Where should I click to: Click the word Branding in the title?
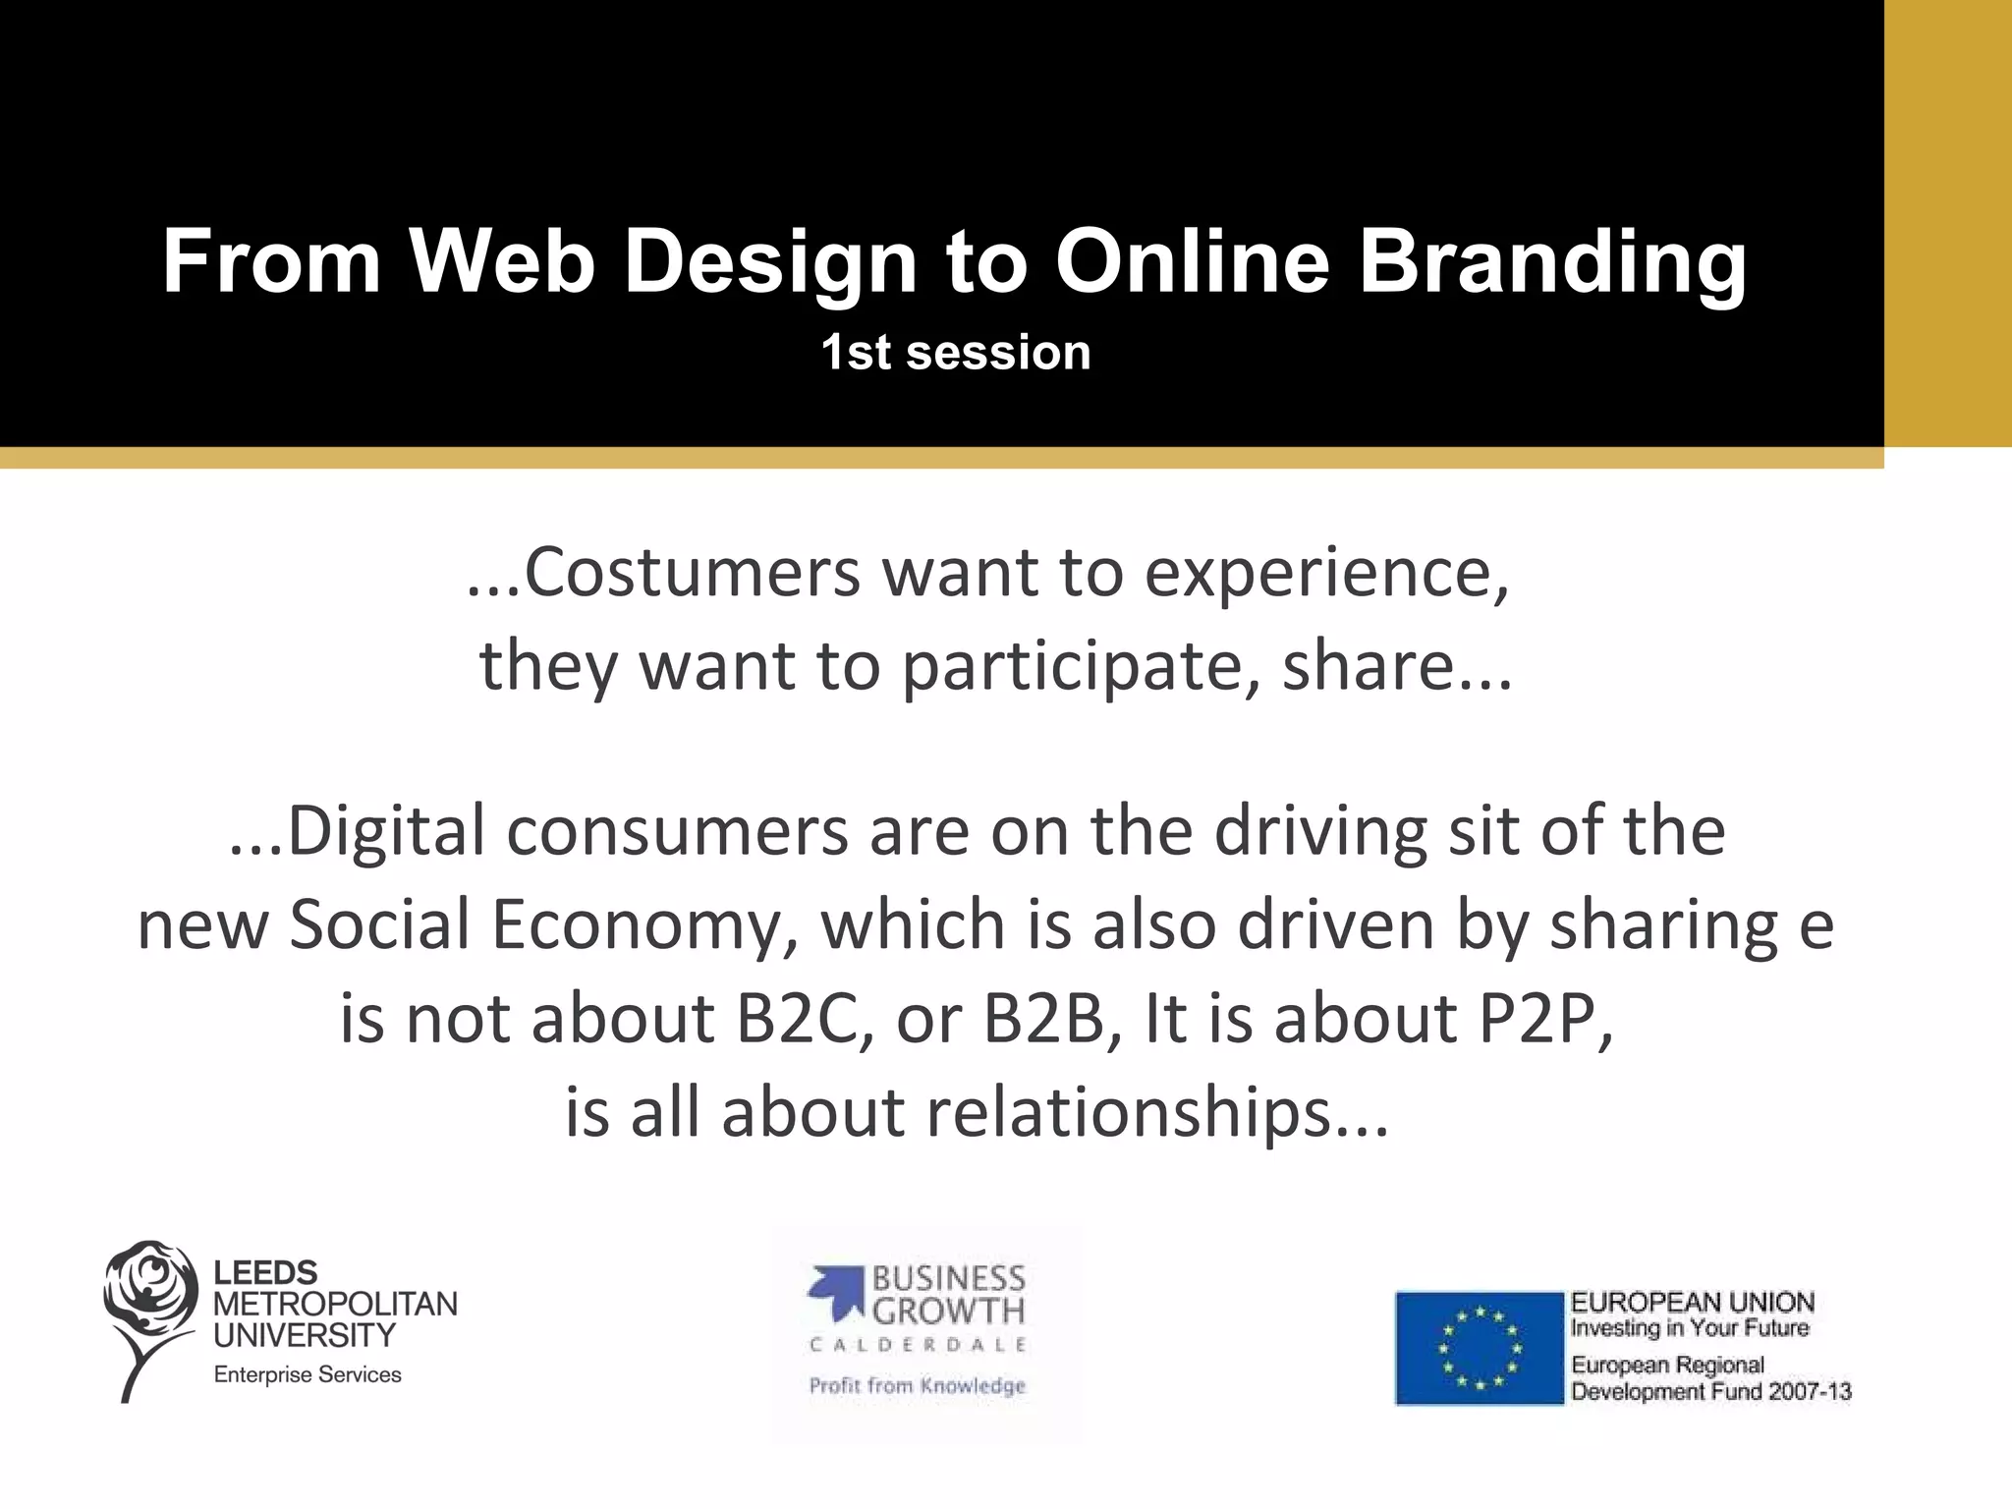[x=1552, y=261]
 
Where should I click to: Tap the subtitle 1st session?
[x=956, y=352]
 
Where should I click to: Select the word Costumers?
[x=692, y=572]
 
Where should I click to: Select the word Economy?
[x=643, y=925]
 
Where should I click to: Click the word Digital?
[x=385, y=831]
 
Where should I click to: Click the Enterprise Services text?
[x=307, y=1375]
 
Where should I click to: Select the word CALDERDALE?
[x=918, y=1345]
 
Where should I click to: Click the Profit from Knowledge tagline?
[x=917, y=1386]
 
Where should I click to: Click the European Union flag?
[x=1479, y=1348]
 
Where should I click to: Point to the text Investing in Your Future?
[x=1690, y=1328]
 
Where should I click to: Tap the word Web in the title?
[x=502, y=261]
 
